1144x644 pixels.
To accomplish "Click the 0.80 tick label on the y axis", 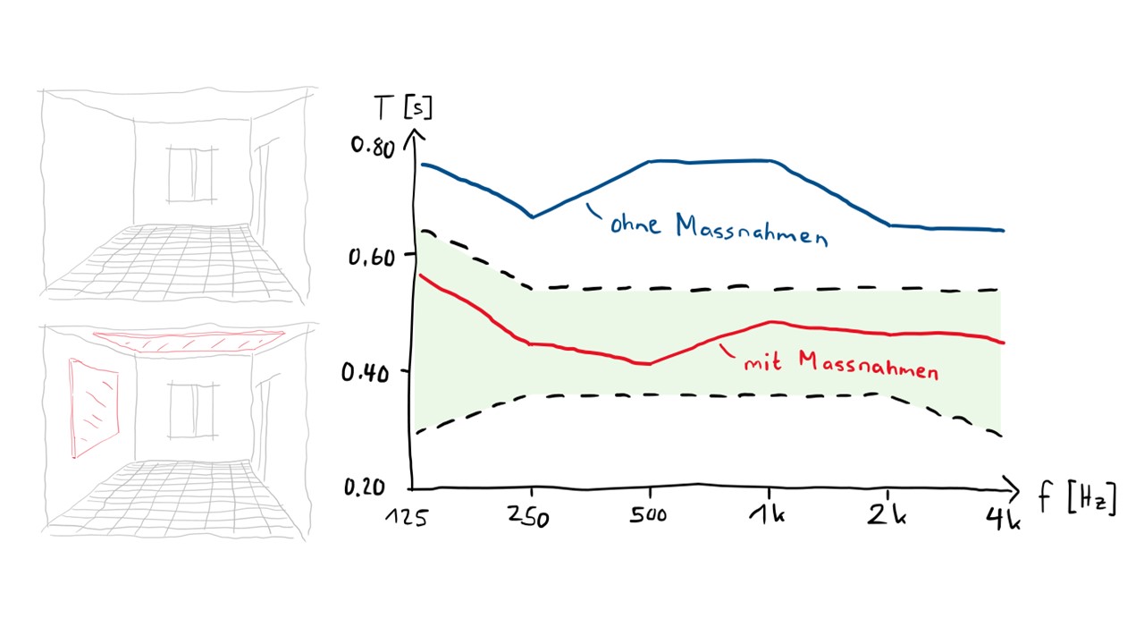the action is tap(373, 148).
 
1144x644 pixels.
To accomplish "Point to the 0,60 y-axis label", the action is tap(372, 257).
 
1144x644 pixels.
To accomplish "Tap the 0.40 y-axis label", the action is tap(366, 373).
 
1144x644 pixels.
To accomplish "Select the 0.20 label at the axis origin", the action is tap(364, 487).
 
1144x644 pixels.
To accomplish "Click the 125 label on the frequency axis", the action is tap(407, 518).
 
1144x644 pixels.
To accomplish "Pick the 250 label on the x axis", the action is tap(528, 517).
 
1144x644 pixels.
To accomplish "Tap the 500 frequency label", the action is tap(648, 515).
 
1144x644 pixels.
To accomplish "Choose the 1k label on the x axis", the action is tap(767, 514).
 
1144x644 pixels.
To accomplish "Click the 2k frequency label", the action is tap(887, 514).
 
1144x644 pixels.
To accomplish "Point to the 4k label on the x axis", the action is tap(1003, 519).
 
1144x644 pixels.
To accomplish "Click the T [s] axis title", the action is tap(403, 107).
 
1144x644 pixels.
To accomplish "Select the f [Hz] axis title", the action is tap(1078, 498).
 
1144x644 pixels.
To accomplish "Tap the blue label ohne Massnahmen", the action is tap(719, 230).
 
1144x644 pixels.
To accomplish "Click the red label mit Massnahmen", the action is tap(841, 365).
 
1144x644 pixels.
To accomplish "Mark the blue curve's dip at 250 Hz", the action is tap(532, 216).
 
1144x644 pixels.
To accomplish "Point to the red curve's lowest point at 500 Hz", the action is tap(648, 364).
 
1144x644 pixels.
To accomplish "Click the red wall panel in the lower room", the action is tap(94, 407).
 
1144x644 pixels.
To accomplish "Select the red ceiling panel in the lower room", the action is tap(189, 341).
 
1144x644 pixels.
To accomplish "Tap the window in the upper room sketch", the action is tap(191, 174).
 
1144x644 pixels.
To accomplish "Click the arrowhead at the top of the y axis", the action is tap(415, 137).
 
